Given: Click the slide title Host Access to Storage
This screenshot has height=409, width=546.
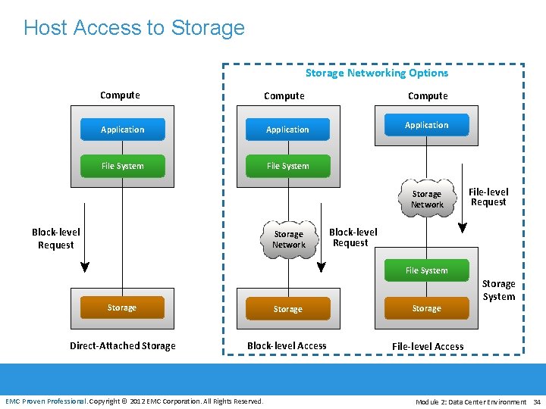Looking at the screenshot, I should (134, 28).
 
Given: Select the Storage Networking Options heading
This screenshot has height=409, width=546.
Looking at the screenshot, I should (376, 73).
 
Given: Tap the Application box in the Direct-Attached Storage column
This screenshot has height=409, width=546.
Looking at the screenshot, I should (122, 130).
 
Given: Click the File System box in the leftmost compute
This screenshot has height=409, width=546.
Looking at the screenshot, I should (122, 166).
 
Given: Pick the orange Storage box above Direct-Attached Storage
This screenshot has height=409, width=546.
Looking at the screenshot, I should (122, 308).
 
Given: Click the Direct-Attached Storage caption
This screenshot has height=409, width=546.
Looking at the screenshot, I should (122, 346).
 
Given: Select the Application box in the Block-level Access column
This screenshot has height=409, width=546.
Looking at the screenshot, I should (287, 130).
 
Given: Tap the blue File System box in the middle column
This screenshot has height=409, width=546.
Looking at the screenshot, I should (287, 166).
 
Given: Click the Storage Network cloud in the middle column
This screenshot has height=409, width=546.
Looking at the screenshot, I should (288, 239).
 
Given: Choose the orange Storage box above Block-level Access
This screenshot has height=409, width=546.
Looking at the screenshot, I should (287, 309).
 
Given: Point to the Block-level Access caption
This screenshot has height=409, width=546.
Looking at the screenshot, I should (287, 346).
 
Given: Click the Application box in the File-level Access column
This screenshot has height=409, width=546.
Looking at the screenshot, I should (426, 125).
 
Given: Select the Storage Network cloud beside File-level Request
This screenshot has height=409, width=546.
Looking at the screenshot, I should (426, 199).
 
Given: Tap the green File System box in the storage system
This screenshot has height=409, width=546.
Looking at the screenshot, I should (426, 270).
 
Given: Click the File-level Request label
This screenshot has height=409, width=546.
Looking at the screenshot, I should (488, 197).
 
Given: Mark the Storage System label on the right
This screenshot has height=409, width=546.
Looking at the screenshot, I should (498, 290).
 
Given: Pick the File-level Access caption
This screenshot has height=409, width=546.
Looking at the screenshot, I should (428, 347).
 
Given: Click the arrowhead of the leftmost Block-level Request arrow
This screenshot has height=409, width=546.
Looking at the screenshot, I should (85, 267).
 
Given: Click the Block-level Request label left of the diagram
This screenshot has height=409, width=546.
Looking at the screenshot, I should (55, 239).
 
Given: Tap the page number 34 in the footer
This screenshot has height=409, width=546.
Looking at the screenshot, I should (536, 401).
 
